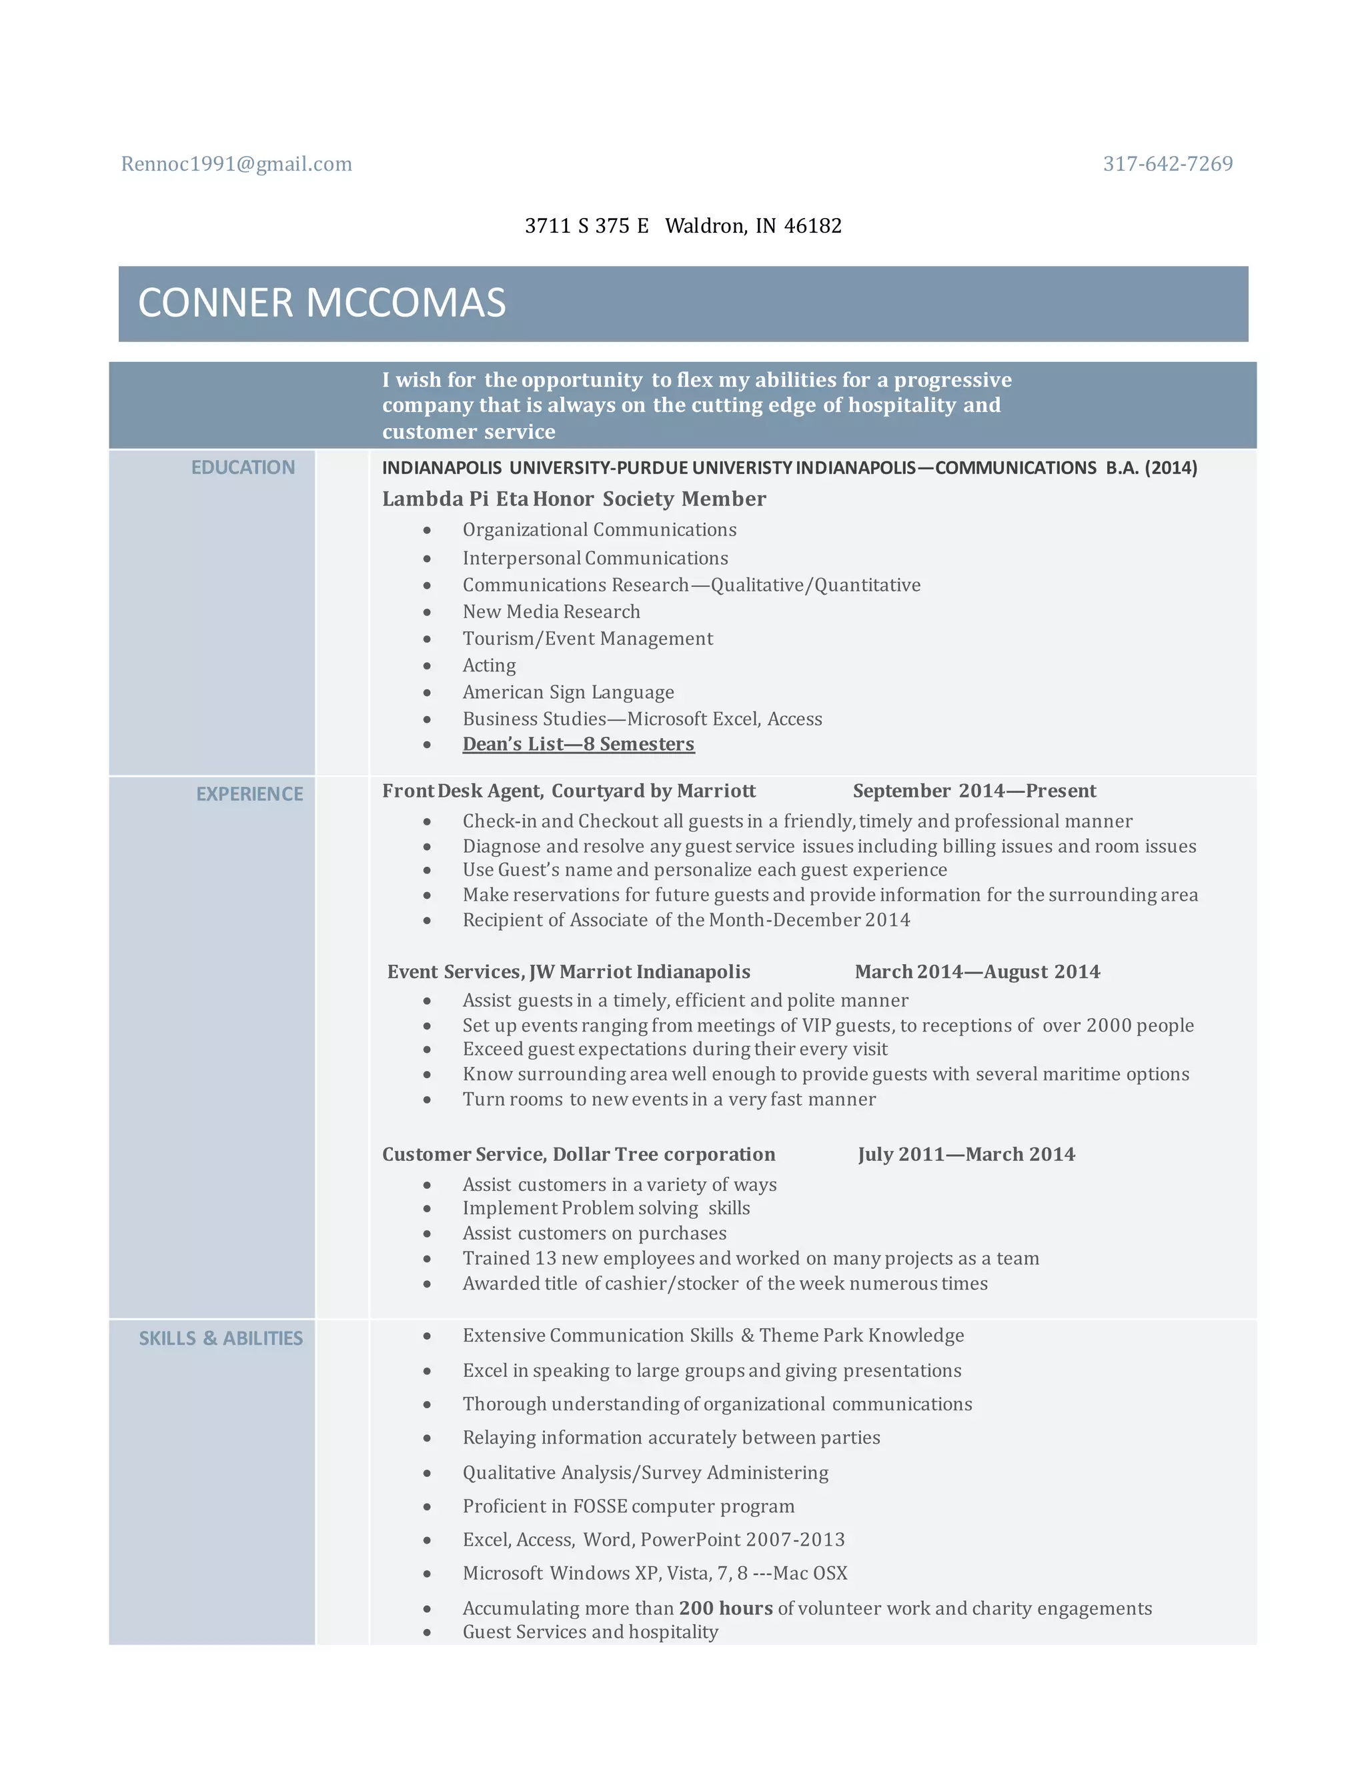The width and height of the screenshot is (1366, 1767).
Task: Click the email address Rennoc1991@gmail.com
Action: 236,164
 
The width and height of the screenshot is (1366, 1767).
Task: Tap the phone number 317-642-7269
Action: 1167,164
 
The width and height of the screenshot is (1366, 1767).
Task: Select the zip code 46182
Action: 812,226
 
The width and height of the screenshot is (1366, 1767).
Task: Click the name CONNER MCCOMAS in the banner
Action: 321,303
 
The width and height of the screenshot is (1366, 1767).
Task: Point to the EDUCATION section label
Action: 243,467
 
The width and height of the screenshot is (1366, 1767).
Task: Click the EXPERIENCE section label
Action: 249,795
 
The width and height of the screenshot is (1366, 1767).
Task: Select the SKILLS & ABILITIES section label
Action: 220,1339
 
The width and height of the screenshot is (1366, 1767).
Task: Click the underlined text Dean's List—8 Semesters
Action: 578,744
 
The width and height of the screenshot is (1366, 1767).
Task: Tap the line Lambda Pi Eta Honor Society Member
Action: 574,499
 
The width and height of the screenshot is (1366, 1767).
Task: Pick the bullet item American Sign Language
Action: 568,693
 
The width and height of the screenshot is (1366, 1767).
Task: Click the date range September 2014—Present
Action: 974,791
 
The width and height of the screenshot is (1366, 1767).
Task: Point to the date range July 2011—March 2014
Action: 966,1154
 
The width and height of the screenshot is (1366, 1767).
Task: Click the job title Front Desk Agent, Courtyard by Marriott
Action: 569,791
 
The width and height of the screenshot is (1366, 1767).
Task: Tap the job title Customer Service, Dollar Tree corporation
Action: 578,1154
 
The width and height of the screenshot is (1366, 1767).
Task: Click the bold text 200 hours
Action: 726,1608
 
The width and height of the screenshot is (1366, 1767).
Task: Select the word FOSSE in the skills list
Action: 600,1506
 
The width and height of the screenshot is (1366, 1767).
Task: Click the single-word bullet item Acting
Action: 489,666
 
